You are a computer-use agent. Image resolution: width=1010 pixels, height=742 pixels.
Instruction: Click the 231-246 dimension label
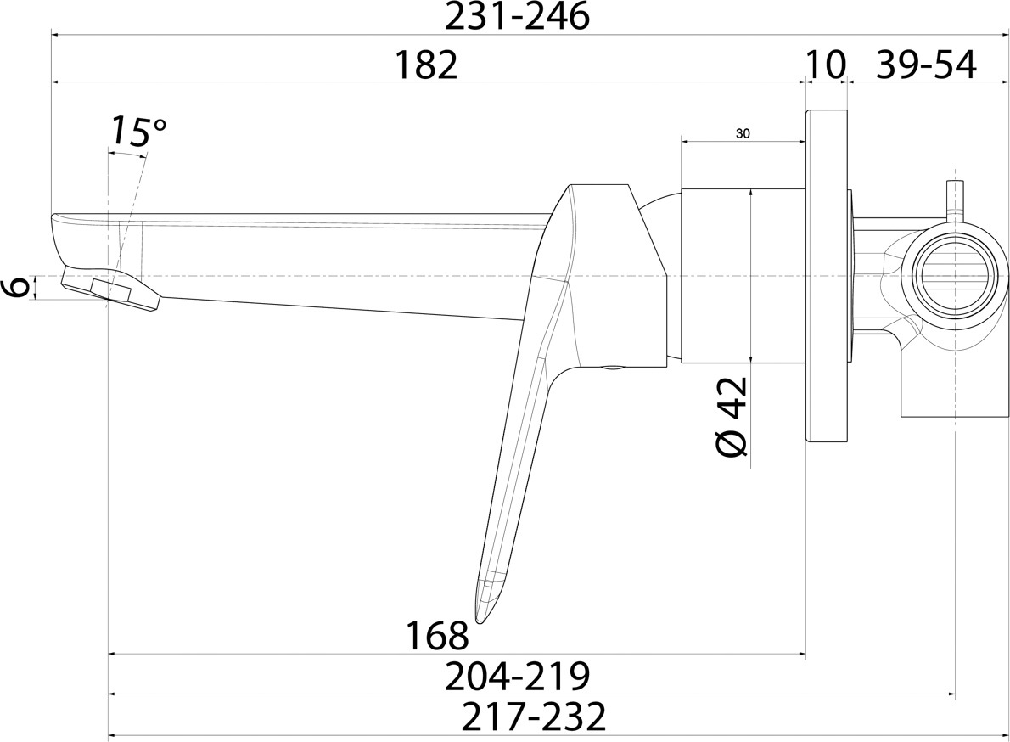pos(517,16)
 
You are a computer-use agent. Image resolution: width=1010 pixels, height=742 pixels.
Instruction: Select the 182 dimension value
pos(426,65)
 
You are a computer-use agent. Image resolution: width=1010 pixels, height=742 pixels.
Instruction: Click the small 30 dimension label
pos(742,134)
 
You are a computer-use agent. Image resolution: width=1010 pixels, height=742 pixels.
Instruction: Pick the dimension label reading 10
pos(825,65)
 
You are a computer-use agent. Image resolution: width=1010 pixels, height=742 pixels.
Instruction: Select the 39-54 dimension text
pos(926,65)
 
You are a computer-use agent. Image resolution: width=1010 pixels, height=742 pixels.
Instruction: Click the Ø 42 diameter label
pos(732,417)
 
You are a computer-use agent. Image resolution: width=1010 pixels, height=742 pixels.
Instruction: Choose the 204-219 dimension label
pos(518,676)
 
